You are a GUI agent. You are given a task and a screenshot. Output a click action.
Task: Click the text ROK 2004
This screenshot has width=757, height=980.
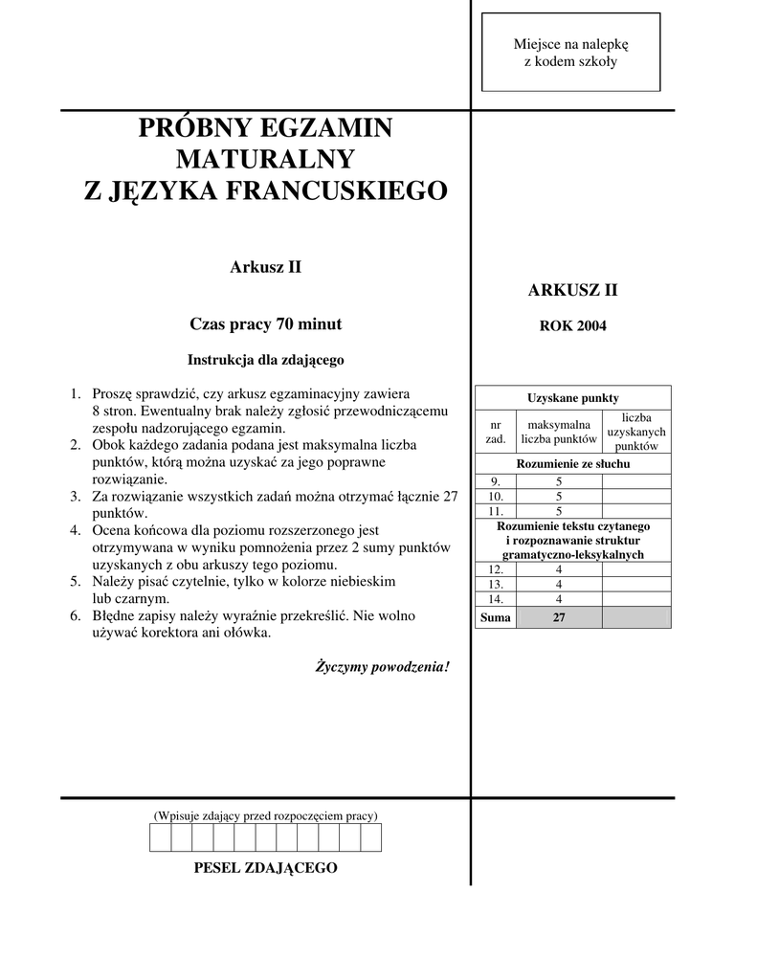point(572,325)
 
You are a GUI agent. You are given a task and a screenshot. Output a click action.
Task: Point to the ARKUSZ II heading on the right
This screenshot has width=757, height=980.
point(572,290)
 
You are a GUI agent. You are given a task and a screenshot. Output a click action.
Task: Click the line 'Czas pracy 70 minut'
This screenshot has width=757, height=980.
point(265,323)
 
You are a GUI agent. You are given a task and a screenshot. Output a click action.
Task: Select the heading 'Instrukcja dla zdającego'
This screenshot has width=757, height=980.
point(265,360)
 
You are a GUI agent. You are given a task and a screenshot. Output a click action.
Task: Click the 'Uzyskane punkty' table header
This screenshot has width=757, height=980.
point(572,397)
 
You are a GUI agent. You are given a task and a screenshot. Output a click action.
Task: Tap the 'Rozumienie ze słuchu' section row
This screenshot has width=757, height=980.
point(572,464)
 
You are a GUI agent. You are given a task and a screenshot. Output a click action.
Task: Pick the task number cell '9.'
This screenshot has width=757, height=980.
point(495,480)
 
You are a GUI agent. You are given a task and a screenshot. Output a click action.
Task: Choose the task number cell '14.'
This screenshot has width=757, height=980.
point(495,599)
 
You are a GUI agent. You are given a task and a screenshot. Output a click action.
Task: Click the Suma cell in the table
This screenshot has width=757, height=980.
point(495,618)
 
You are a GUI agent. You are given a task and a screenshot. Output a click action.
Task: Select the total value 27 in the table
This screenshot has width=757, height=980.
point(559,618)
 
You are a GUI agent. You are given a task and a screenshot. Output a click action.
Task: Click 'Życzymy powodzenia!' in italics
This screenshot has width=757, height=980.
point(382,666)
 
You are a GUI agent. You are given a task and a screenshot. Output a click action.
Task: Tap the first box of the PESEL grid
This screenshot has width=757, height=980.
point(160,837)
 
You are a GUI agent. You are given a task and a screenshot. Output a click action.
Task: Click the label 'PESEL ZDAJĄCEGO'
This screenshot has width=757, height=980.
point(265,868)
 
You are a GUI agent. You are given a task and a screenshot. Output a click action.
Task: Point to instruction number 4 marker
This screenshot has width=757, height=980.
point(75,530)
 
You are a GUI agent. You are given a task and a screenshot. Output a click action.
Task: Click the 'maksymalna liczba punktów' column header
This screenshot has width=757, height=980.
point(559,432)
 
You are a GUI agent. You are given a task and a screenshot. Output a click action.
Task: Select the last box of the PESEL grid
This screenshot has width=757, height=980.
point(370,837)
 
